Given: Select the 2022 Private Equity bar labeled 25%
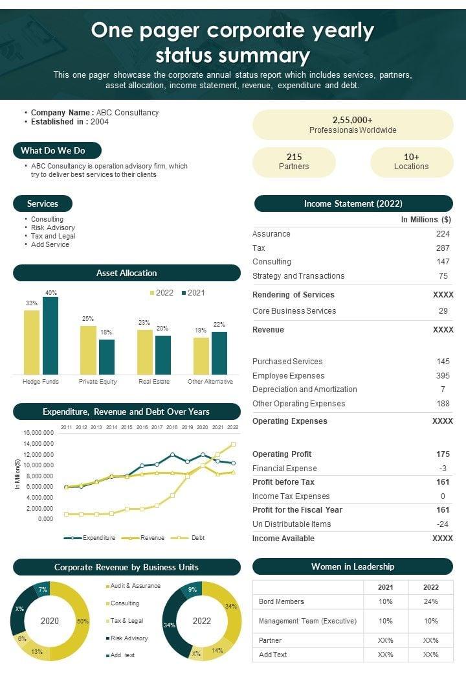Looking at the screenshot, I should click(88, 349).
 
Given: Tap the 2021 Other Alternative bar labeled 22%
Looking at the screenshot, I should click(219, 353).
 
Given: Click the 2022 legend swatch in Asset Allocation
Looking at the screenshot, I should click(153, 293).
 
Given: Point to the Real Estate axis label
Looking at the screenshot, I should click(154, 382).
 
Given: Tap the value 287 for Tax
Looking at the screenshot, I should click(443, 248).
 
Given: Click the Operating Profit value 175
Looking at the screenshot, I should click(443, 454).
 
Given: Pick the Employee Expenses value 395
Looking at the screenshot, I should click(443, 376).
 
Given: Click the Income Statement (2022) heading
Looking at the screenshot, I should click(353, 203).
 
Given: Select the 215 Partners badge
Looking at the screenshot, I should click(294, 162).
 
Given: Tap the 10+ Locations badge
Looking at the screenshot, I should click(411, 162).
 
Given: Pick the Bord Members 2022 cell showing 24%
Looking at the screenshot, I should click(430, 601).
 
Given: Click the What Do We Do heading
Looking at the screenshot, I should click(57, 150).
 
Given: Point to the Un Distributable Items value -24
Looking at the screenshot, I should click(443, 524).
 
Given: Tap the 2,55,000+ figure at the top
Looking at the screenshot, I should click(353, 120).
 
